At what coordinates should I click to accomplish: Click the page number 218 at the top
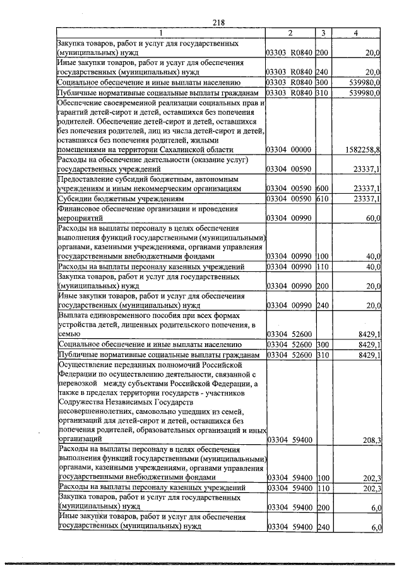pyautogui.click(x=219, y=22)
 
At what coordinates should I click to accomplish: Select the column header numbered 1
pyautogui.click(x=160, y=33)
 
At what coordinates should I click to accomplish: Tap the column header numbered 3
pyautogui.click(x=323, y=33)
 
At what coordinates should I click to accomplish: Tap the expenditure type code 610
pyautogui.click(x=322, y=199)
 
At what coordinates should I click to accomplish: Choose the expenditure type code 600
pyautogui.click(x=322, y=189)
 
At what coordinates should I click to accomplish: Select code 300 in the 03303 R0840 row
pyautogui.click(x=322, y=82)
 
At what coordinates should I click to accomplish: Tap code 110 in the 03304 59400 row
pyautogui.click(x=322, y=488)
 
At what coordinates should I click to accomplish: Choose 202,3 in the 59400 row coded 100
pyautogui.click(x=371, y=478)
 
